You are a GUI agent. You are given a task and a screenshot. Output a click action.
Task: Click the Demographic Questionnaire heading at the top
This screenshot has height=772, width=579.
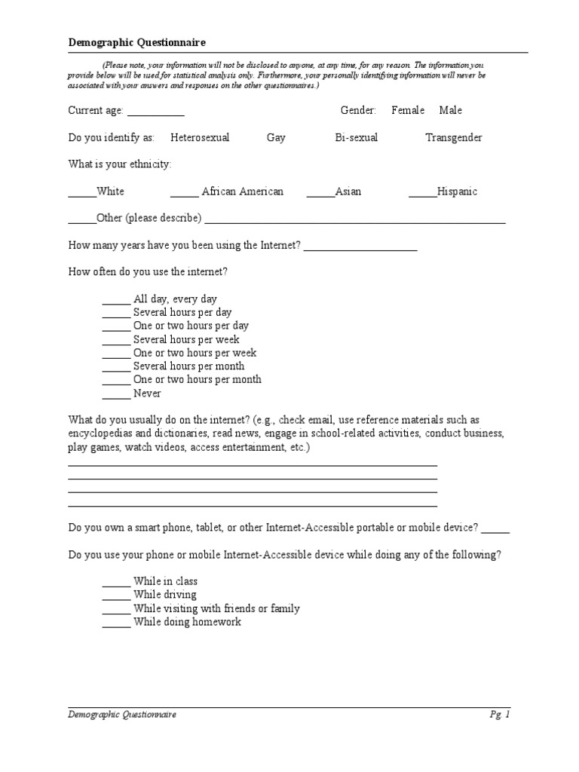[136, 43]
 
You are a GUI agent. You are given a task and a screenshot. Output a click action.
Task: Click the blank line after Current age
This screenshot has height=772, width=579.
[155, 113]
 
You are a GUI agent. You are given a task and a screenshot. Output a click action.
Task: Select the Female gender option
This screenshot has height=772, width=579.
[408, 111]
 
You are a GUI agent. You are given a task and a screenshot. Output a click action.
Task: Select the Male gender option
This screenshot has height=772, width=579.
[451, 111]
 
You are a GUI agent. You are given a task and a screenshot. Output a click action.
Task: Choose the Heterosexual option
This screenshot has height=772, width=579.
[200, 138]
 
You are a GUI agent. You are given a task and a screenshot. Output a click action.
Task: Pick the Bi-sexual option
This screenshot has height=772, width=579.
[357, 138]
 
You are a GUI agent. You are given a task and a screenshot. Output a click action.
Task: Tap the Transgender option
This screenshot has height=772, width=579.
[454, 138]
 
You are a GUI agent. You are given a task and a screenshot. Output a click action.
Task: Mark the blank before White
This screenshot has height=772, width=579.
[82, 195]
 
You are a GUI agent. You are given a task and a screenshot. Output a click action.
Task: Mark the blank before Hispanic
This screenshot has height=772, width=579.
[422, 195]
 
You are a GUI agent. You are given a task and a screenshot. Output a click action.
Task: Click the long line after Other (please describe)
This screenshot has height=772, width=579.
[354, 222]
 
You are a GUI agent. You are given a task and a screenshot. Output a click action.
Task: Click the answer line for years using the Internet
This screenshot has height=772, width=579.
[360, 249]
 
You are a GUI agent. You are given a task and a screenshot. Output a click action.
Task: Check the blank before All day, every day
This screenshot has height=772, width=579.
[116, 302]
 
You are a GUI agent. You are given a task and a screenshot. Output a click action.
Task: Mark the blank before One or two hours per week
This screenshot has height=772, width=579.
[116, 356]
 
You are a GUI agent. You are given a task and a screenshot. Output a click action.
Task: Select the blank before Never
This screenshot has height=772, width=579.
[116, 397]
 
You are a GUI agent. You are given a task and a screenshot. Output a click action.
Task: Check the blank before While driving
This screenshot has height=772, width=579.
[116, 598]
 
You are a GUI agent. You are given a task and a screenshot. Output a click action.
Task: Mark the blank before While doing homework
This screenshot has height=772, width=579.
[116, 625]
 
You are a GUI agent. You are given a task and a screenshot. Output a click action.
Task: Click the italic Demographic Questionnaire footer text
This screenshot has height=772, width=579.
[122, 715]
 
